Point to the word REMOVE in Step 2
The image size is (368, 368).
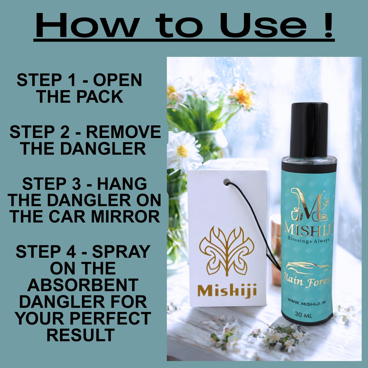[x=124, y=132]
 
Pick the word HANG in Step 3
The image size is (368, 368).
[x=122, y=184]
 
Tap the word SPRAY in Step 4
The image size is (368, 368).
[x=121, y=251]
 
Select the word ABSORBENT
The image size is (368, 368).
[x=83, y=285]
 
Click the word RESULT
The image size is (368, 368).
[x=81, y=335]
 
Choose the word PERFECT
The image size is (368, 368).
[x=110, y=318]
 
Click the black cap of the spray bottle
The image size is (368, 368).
[x=309, y=130]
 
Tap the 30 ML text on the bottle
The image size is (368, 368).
[x=303, y=314]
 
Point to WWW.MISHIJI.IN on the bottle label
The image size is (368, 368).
[x=306, y=302]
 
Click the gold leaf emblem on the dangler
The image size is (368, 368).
[x=226, y=250]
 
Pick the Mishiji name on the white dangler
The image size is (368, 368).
[x=227, y=290]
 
